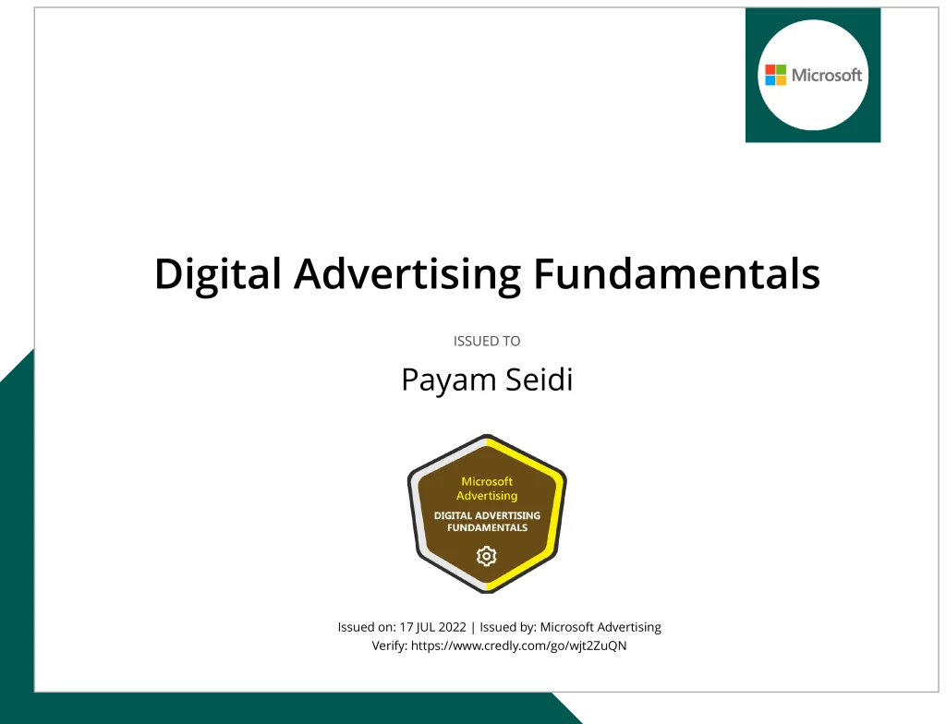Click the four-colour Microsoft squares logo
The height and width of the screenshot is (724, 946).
775,75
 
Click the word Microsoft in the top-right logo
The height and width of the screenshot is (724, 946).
827,75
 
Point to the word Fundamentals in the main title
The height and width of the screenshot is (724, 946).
677,273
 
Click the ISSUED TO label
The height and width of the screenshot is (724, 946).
487,341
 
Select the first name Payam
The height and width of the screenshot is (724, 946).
448,380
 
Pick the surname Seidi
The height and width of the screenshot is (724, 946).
539,380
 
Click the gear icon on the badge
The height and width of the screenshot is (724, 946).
486,556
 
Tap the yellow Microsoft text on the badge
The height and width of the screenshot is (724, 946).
487,481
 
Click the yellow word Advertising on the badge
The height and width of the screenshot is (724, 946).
487,496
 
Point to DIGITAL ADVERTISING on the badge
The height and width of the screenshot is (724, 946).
487,515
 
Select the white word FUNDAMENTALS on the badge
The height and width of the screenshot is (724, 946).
487,527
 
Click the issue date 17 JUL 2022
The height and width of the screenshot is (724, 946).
432,627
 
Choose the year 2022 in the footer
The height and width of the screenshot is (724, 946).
453,627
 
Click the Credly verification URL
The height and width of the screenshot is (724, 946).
519,646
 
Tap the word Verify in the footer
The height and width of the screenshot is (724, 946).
389,646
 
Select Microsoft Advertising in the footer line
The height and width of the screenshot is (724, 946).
600,627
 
